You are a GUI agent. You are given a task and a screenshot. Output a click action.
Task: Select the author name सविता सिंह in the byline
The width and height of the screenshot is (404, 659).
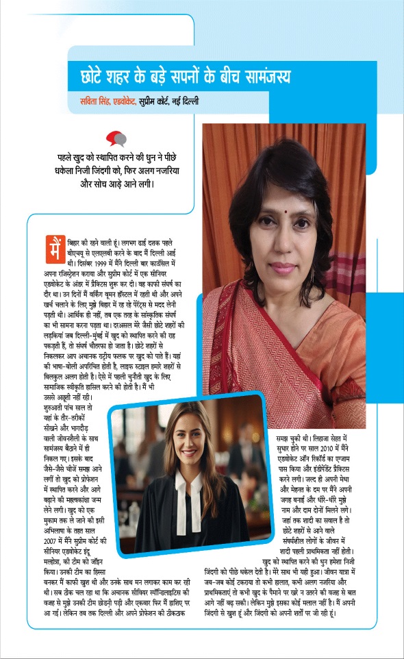(95, 101)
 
